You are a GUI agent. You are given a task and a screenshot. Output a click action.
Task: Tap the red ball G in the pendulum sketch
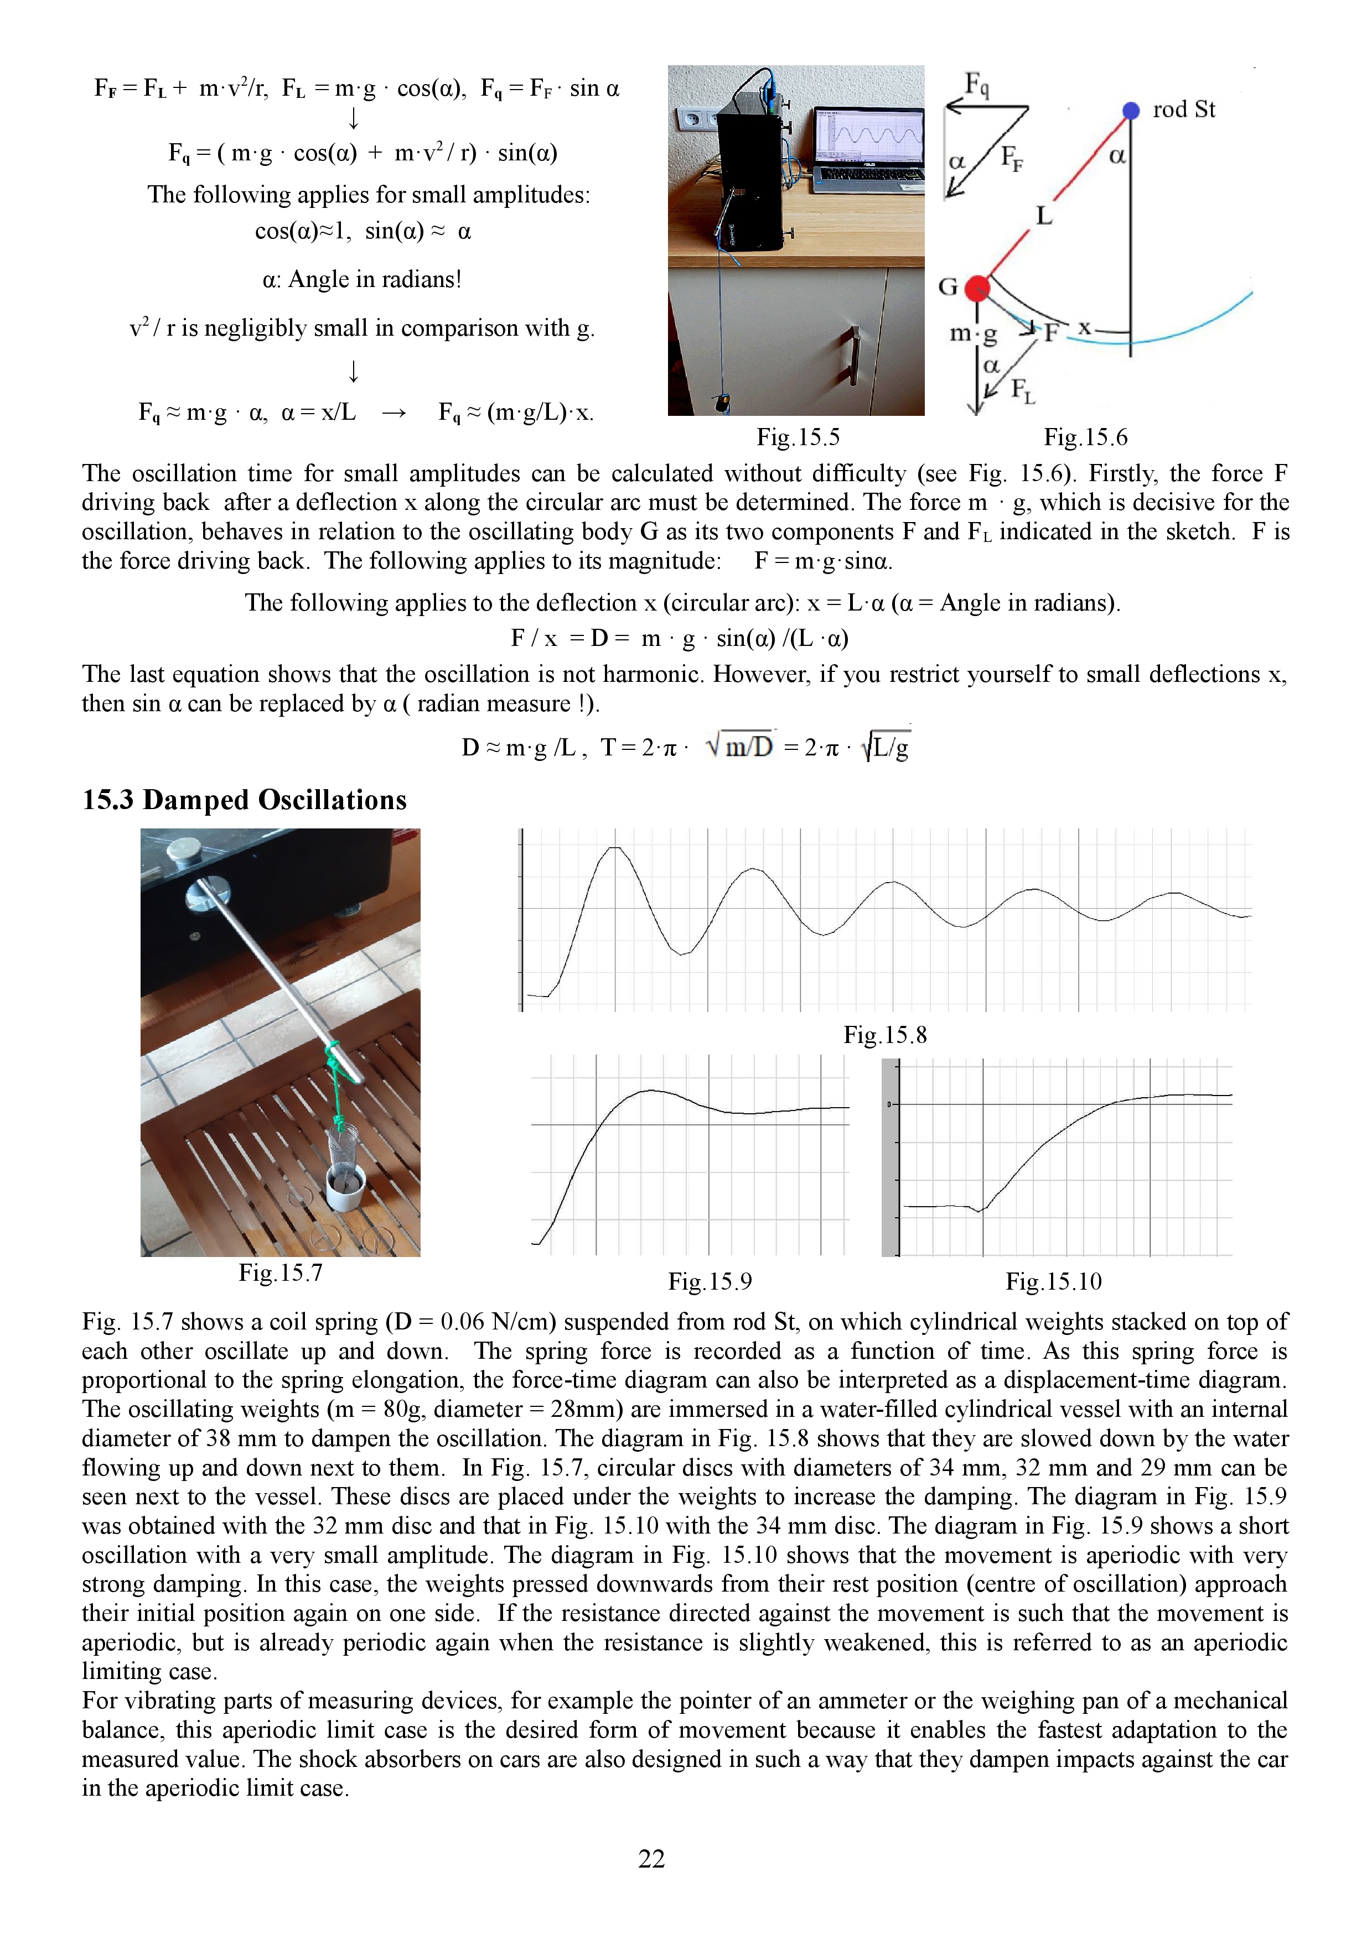[x=977, y=288]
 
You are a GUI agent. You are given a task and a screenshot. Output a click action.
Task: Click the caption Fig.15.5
[x=797, y=437]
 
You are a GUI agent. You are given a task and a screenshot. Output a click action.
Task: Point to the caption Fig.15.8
[x=884, y=1035]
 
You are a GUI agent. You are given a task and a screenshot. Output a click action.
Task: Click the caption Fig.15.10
[x=1053, y=1282]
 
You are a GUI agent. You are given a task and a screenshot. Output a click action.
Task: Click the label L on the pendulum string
[x=1044, y=216]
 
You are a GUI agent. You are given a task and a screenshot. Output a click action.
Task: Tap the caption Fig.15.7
[x=280, y=1273]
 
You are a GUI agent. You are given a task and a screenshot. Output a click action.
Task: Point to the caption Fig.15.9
[x=710, y=1282]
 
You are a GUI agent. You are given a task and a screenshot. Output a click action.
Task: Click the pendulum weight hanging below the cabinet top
[x=722, y=403]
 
